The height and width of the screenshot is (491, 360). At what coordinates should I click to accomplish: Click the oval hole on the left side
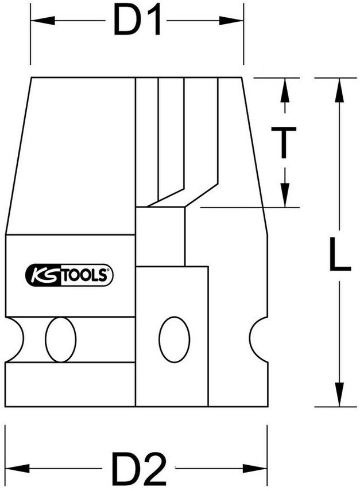61,339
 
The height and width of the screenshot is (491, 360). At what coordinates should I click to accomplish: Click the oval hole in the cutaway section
174,339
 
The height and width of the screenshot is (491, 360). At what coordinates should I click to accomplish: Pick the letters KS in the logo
43,275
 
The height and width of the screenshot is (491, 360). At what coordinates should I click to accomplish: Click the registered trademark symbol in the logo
109,270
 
